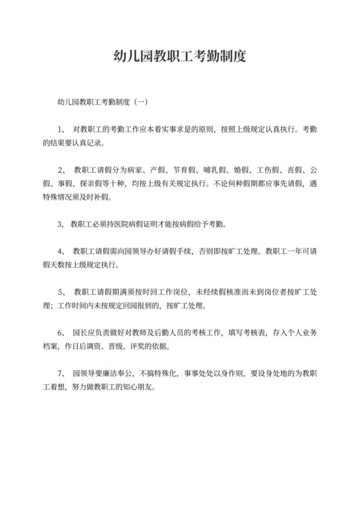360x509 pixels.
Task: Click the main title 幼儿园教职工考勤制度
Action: pos(179,56)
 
